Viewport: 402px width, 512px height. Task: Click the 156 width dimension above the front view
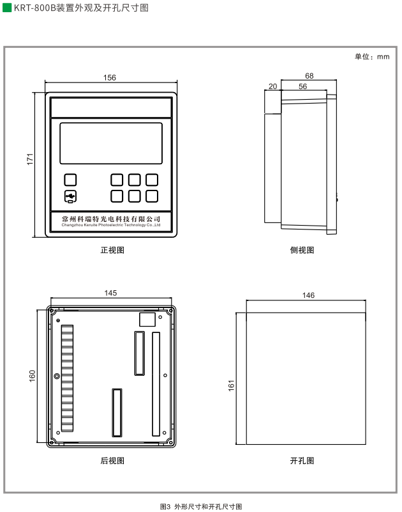[x=110, y=78]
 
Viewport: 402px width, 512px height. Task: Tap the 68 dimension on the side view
[x=309, y=75]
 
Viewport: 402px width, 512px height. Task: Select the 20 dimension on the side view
[x=272, y=86]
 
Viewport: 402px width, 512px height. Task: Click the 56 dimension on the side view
[x=302, y=86]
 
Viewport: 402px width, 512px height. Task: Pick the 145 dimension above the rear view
[x=110, y=293]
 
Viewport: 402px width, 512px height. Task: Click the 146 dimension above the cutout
[x=308, y=295]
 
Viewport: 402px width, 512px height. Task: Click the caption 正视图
[x=112, y=250]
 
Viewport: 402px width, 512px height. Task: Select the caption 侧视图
[x=302, y=250]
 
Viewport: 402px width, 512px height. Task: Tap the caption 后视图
[x=112, y=460]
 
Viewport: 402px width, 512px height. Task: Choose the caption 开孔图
[x=302, y=460]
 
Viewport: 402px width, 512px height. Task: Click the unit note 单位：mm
[x=372, y=56]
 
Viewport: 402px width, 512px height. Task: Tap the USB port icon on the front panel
[x=70, y=196]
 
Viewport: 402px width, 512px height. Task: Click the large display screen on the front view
[x=111, y=143]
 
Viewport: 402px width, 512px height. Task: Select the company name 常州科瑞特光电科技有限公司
[x=111, y=219]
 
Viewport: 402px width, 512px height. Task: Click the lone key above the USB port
[x=70, y=180]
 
